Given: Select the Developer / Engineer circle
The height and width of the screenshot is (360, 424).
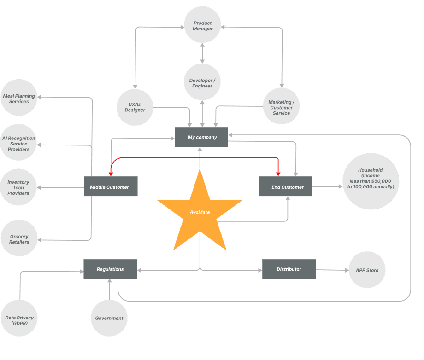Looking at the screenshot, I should [202, 82].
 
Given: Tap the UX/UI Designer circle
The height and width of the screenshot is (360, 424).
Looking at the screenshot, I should [135, 107].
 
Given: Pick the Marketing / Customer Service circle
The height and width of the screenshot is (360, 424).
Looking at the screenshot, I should [281, 106].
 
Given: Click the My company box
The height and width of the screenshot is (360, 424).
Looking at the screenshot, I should [201, 137].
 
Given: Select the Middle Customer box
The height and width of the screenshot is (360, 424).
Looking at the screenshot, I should [111, 186].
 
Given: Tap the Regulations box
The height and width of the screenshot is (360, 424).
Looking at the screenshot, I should [110, 269].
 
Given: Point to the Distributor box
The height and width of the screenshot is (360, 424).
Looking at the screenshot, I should [289, 269].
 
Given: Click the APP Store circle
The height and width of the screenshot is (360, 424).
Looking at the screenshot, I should [367, 270].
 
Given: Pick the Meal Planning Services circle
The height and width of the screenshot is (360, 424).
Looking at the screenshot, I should [19, 98].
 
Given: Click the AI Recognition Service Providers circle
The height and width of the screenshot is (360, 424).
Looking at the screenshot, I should [19, 143].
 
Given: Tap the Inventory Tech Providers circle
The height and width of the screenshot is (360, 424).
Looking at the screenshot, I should [19, 187].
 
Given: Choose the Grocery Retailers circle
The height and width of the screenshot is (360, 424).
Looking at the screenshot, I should [19, 238].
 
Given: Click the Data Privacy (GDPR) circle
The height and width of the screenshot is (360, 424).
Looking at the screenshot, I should [19, 318].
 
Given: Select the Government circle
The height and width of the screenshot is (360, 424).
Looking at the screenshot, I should [109, 318].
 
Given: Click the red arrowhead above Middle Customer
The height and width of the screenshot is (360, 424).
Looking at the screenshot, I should [111, 174].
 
